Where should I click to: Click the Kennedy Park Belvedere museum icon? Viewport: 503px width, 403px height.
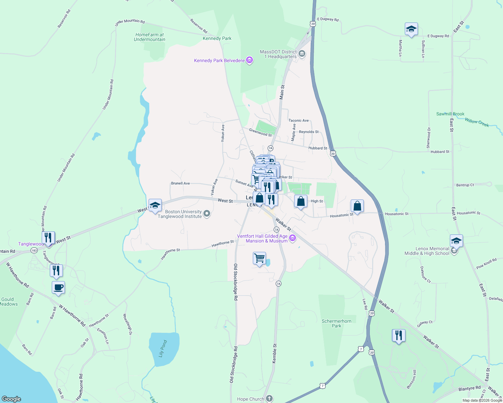(249, 60)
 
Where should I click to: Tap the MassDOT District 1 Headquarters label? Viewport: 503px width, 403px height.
(278, 54)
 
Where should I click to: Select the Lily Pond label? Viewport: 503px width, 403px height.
(163, 349)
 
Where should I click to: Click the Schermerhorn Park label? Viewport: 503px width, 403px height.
(336, 323)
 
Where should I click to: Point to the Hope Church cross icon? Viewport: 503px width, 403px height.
(269, 399)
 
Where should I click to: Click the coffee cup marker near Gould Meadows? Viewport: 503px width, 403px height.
(59, 288)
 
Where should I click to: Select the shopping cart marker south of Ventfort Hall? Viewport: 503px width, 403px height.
(259, 259)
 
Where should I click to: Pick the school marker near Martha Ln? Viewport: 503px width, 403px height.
(411, 29)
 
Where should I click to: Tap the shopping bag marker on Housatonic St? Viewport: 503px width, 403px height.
(357, 206)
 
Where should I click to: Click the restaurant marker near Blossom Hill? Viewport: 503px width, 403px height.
(398, 335)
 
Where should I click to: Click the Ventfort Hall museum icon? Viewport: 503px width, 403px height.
(293, 238)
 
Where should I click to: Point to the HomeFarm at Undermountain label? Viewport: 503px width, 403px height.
(150, 37)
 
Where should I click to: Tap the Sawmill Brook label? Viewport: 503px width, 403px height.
(450, 114)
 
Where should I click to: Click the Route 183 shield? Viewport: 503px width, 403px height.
(34, 251)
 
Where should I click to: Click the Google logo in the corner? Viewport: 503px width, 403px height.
(11, 399)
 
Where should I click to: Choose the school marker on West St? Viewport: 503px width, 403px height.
(155, 205)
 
